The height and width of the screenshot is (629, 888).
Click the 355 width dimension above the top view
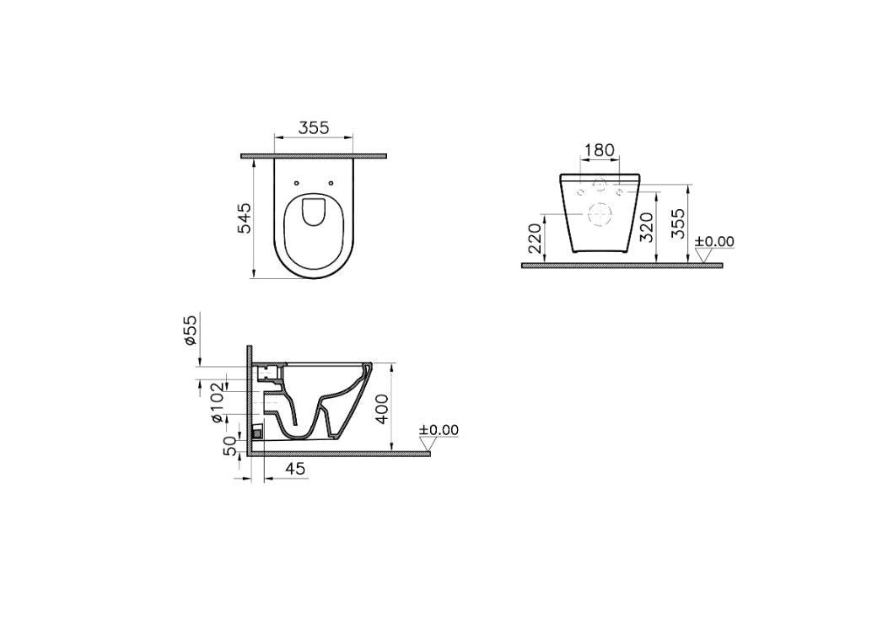(313, 128)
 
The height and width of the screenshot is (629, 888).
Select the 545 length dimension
(244, 218)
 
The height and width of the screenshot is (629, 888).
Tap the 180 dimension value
(600, 150)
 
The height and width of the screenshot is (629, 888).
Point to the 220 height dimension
(535, 238)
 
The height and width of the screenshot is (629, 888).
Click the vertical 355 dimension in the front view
(678, 223)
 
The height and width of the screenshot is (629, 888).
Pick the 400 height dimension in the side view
(382, 409)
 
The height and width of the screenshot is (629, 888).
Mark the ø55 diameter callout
(190, 330)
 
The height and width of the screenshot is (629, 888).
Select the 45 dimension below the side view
(295, 468)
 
